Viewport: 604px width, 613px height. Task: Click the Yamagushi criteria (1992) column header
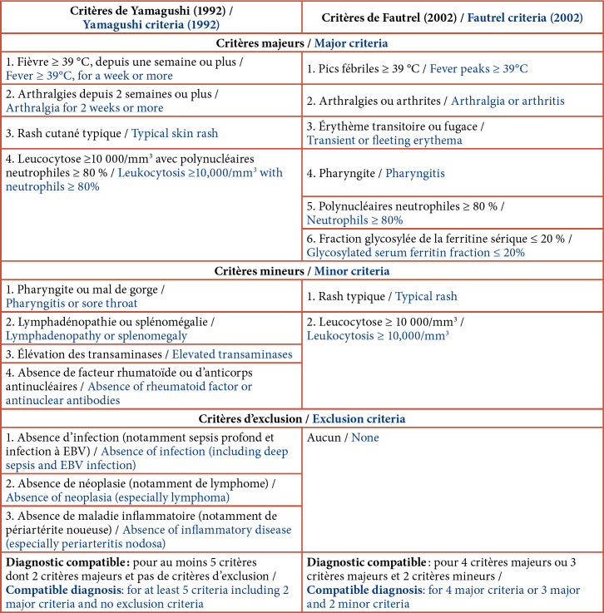point(151,17)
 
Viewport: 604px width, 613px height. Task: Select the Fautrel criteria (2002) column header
point(453,17)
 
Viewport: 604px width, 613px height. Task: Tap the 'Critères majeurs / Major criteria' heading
point(302,42)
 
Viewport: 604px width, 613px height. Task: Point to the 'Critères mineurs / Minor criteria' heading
point(302,270)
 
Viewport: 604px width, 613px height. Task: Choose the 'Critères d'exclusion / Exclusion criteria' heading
point(302,418)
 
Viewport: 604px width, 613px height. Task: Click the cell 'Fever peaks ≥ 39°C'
point(452,68)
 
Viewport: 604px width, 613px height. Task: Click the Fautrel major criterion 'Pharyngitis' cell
point(452,174)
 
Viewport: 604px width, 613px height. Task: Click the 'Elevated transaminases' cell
point(151,354)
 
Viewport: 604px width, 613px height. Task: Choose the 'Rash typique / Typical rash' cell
point(452,296)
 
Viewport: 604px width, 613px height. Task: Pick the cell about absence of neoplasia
point(151,490)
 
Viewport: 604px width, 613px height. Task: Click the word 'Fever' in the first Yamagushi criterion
point(21,76)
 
